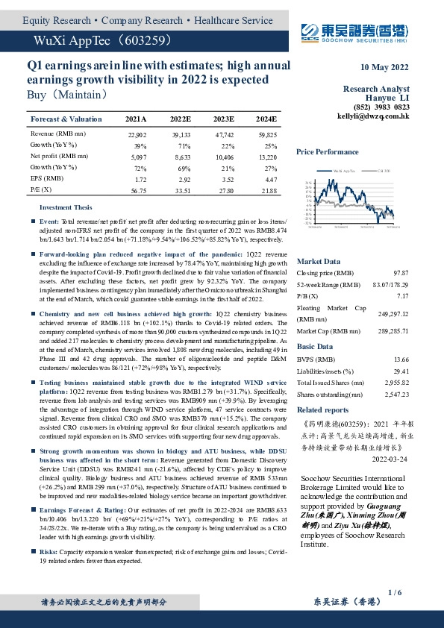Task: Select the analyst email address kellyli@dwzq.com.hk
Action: tap(373, 116)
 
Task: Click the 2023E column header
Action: tap(223, 119)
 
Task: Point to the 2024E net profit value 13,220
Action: tap(267, 157)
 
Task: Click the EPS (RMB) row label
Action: tap(47, 179)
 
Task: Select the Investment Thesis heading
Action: tap(66, 207)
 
